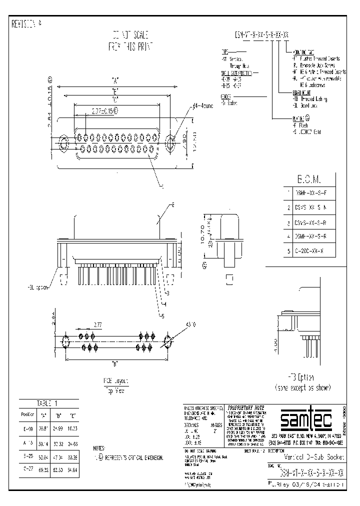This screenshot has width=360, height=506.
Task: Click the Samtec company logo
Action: (x=305, y=420)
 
